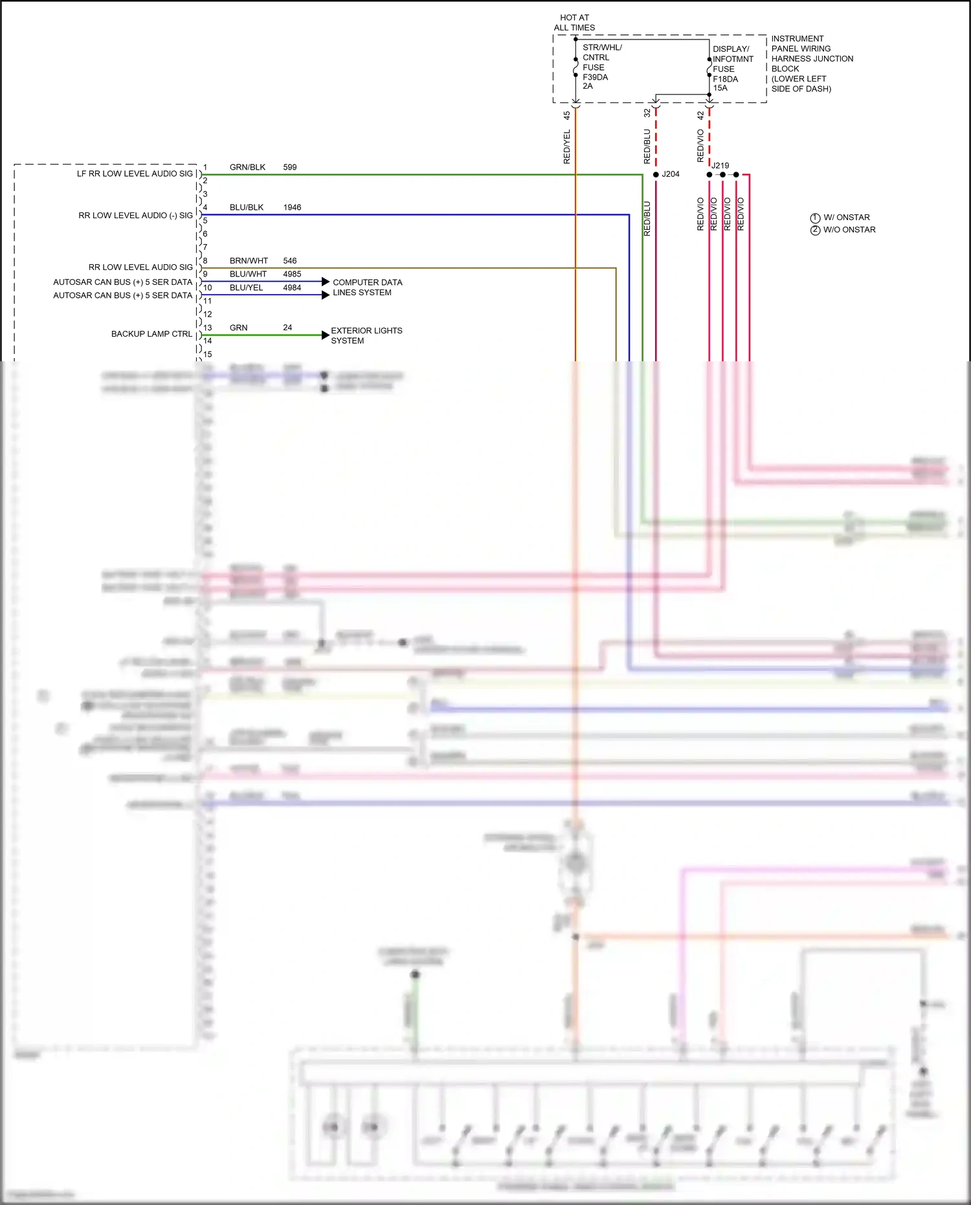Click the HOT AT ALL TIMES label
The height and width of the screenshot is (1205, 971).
point(574,23)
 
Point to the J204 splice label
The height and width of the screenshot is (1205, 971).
point(671,174)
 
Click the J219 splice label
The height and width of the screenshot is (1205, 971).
point(720,166)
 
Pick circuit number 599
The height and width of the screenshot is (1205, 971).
point(289,167)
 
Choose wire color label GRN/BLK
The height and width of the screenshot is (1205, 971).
point(247,167)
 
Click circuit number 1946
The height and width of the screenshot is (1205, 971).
point(292,207)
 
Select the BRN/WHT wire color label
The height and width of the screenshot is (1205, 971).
point(249,261)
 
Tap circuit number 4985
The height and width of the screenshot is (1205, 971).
point(292,274)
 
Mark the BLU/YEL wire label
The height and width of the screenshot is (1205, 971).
point(246,287)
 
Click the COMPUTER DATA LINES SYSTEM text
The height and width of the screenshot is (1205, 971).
point(367,287)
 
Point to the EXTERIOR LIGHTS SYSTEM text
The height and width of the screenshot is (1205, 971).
point(366,335)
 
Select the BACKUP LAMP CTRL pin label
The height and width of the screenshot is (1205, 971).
point(151,334)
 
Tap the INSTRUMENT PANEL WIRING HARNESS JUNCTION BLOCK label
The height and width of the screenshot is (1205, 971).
point(811,63)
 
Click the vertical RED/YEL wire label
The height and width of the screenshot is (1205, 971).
point(567,146)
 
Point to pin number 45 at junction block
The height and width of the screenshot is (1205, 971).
point(567,115)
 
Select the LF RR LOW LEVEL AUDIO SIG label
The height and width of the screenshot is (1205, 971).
point(135,174)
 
